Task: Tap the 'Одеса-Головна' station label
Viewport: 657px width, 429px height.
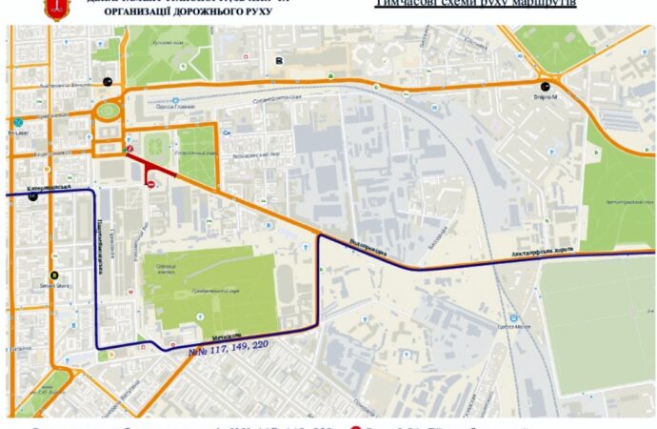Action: (x=170, y=107)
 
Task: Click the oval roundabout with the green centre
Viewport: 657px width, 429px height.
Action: (x=108, y=112)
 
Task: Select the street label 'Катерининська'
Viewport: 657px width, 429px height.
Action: (x=50, y=188)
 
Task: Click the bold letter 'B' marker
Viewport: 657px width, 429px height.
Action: (x=279, y=60)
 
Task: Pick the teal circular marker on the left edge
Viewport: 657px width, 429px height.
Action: (x=18, y=121)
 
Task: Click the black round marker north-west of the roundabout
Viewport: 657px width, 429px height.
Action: (x=108, y=81)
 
